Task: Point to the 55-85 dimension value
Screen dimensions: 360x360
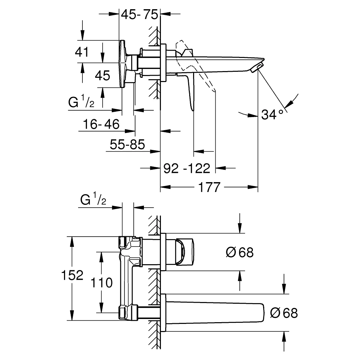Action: click(127, 144)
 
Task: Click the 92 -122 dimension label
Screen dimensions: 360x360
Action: click(187, 168)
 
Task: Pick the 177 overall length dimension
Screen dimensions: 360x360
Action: click(209, 187)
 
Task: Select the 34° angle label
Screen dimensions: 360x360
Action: click(272, 114)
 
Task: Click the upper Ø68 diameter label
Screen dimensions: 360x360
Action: click(240, 252)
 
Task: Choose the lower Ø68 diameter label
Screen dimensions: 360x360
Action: click(284, 313)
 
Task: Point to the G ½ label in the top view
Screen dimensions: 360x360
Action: click(81, 102)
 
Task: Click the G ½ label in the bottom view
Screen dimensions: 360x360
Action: click(93, 200)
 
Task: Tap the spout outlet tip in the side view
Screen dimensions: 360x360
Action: click(257, 67)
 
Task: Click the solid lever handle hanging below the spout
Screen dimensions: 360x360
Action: click(191, 92)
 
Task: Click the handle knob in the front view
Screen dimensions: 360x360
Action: click(185, 252)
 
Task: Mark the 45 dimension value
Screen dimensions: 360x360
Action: click(103, 75)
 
